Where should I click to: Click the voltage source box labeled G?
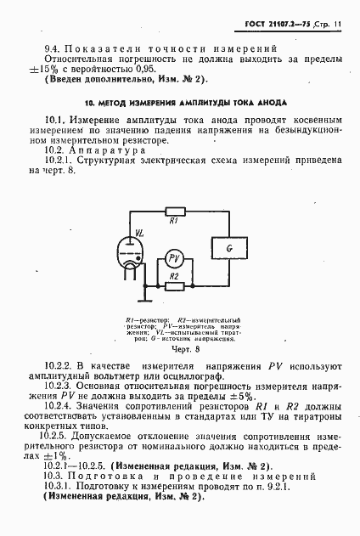[x=228, y=246]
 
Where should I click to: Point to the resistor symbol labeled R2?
[x=174, y=286]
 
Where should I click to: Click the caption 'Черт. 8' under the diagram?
[x=184, y=348]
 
